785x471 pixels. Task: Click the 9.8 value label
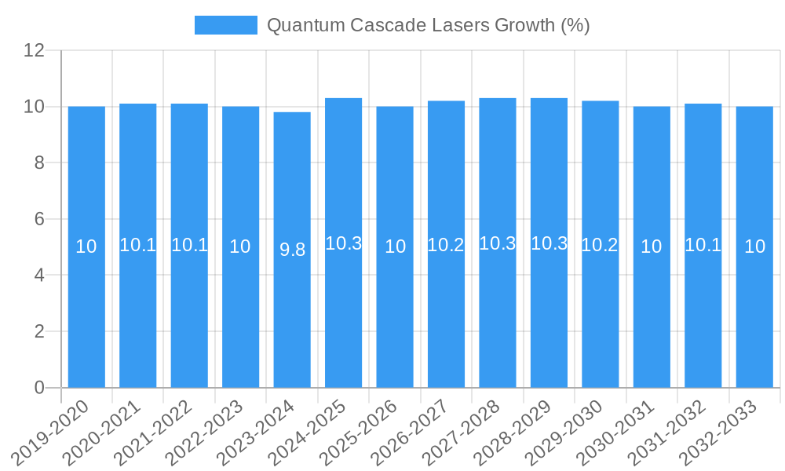292,250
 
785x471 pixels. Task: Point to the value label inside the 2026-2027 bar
446,245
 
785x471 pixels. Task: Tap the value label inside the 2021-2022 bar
189,245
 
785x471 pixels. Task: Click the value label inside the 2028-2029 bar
549,243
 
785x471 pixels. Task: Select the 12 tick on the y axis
35,51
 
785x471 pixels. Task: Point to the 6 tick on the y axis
39,219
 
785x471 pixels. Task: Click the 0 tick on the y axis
39,388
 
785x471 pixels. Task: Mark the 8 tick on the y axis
39,163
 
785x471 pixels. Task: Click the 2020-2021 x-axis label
102,432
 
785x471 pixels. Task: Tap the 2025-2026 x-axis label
359,432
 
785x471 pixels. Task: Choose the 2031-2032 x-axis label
667,432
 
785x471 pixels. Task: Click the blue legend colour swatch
226,25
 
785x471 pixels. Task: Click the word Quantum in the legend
298,25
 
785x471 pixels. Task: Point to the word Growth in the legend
524,25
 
